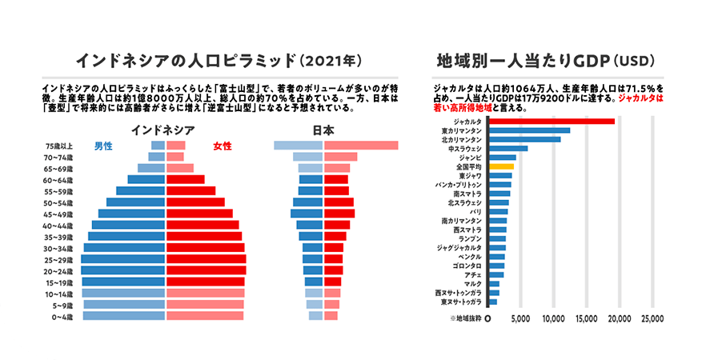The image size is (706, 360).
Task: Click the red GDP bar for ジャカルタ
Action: coord(552,121)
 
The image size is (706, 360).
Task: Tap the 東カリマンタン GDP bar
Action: coord(529,130)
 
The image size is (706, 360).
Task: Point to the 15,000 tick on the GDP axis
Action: coord(587,318)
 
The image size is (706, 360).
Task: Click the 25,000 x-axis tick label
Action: coord(652,318)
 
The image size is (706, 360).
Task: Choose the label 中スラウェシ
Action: coord(465,148)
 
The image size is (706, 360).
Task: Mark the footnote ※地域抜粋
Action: coord(459,318)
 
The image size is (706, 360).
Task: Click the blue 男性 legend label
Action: coord(103,146)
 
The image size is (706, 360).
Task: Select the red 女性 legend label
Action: coord(223,146)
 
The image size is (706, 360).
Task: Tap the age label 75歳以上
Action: coord(60,146)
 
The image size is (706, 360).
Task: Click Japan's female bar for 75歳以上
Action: coord(361,146)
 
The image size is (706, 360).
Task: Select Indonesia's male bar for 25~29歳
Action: coord(122,260)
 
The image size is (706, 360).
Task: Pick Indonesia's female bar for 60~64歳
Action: coord(185,180)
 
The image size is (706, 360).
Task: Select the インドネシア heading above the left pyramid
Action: coord(163,130)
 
